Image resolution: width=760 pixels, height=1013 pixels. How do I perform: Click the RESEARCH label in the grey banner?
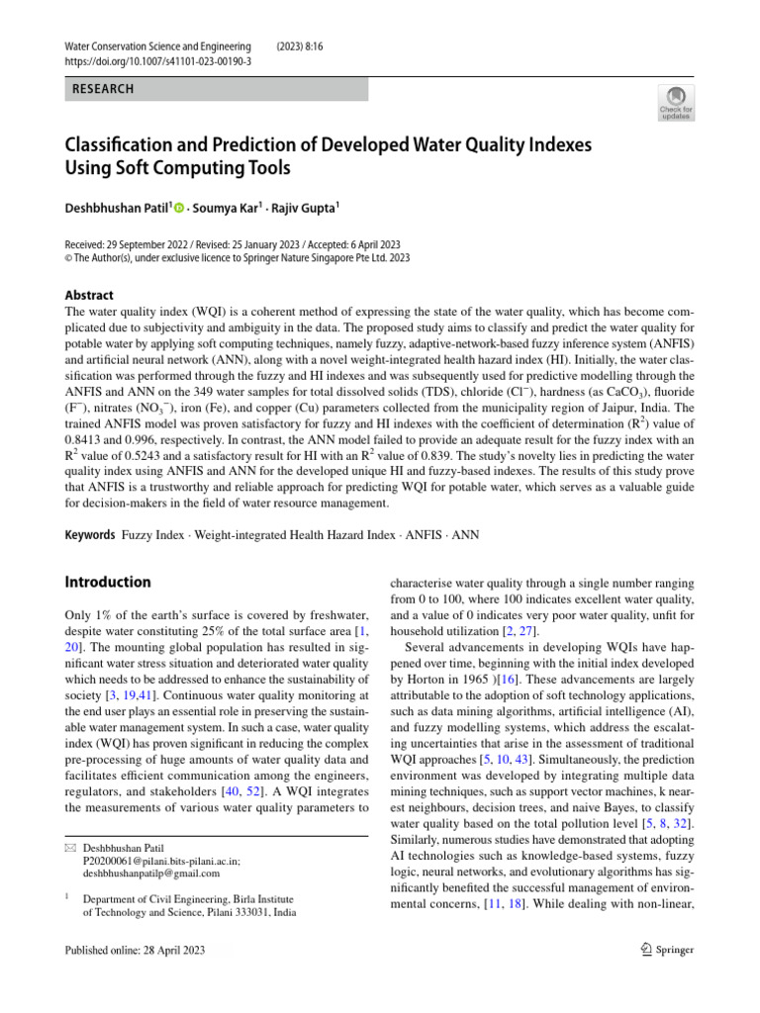click(x=103, y=89)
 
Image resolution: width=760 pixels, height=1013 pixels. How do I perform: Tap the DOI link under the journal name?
click(x=157, y=60)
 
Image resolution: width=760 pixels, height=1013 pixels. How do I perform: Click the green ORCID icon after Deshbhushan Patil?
click(x=180, y=208)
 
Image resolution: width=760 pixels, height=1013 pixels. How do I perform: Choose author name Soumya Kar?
click(x=227, y=208)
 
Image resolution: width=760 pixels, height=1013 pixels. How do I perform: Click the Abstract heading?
click(x=89, y=295)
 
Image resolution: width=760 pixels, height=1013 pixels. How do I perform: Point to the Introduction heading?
click(x=108, y=582)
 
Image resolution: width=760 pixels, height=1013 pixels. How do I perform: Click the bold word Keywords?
click(x=90, y=535)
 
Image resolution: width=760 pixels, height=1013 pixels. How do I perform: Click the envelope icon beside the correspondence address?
click(x=69, y=849)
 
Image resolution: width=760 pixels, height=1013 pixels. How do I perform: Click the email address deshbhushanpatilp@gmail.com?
click(x=151, y=874)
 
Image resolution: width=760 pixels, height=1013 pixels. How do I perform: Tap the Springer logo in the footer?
click(x=668, y=951)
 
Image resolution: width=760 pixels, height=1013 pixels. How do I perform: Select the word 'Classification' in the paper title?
click(x=124, y=145)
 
